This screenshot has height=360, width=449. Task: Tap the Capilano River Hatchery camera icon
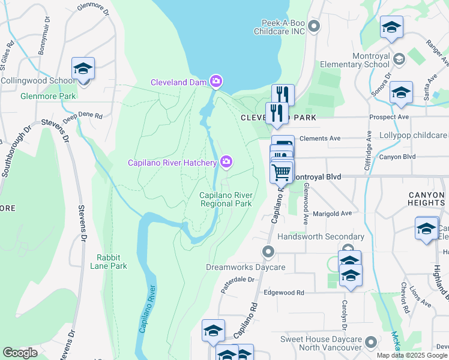tap(226, 161)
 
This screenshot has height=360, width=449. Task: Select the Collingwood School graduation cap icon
tap(83, 68)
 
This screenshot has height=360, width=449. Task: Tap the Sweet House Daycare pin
tap(371, 343)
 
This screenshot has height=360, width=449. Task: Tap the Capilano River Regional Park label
tap(225, 199)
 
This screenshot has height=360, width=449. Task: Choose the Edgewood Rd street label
tap(284, 292)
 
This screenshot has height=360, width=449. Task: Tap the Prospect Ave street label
tap(389, 116)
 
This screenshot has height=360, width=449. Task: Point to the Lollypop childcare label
tap(414, 136)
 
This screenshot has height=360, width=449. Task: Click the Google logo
tap(20, 353)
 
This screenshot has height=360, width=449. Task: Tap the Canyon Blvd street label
tap(397, 157)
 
